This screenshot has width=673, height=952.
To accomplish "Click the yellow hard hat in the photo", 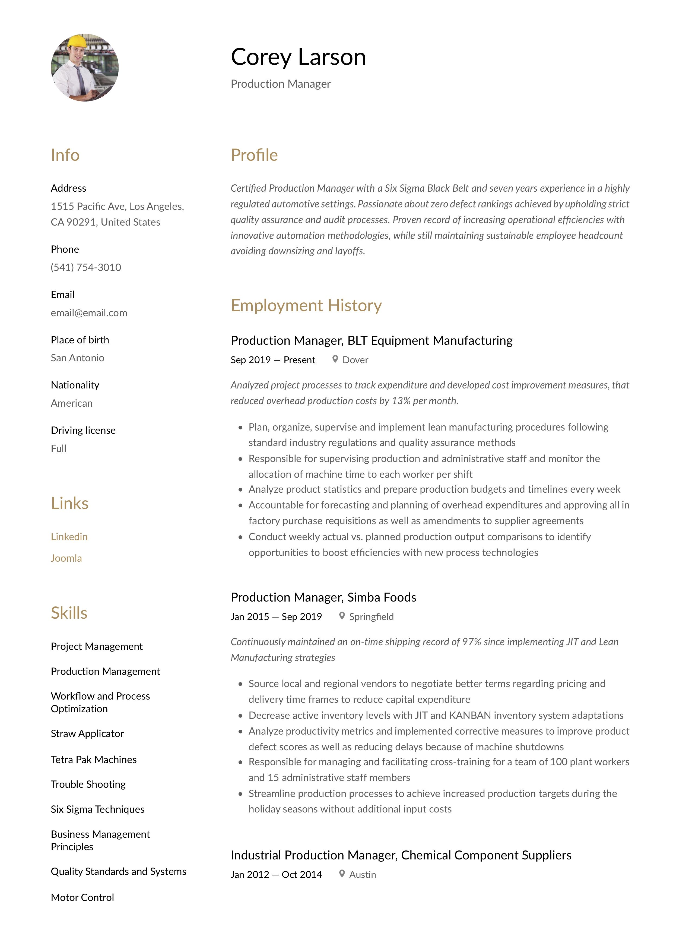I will pos(77,41).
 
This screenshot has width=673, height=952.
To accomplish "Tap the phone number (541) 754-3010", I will pos(86,267).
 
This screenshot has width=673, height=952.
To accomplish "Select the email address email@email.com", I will pos(89,313).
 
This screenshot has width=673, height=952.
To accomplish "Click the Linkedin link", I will pos(69,537).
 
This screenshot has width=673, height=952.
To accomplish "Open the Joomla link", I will pos(66,558).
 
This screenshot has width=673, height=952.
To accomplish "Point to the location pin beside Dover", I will pos(335,359).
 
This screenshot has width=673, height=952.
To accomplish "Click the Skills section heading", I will pos(69,613).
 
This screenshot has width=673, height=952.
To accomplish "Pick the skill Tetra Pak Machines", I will pos(94,759).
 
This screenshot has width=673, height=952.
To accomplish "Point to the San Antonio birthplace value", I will pos(78,358).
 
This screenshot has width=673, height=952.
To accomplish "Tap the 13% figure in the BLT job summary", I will pos(400,401).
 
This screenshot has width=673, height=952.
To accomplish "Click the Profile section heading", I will pos(254,155).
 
